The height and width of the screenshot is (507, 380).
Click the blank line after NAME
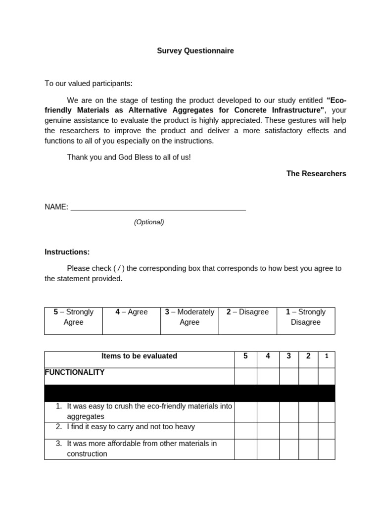(158, 207)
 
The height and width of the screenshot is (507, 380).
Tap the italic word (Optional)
(149, 222)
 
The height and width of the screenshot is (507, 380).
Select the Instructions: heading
(67, 252)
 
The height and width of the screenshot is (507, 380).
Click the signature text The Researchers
(316, 173)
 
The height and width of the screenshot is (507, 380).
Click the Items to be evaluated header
(139, 356)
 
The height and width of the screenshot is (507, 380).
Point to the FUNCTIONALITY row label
(75, 372)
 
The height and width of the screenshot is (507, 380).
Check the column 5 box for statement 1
(245, 411)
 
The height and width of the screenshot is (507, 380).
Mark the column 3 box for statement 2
(288, 430)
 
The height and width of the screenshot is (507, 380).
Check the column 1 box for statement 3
(326, 449)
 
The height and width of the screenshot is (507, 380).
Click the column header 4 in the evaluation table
(268, 356)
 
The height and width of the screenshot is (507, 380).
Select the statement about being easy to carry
(131, 427)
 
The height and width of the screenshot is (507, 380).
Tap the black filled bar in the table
(190, 393)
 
